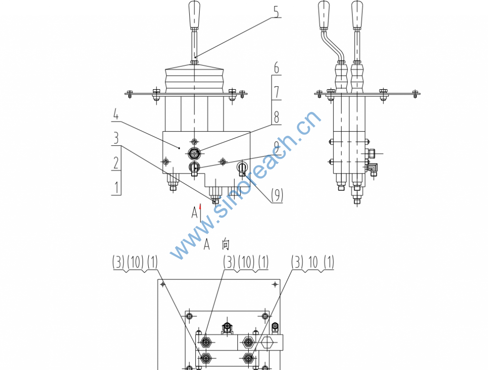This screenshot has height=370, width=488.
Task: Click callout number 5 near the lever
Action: (276, 11)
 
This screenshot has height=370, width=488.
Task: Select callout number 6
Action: (276, 68)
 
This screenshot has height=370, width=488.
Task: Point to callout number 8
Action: (276, 117)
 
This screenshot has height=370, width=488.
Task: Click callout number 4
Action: (116, 114)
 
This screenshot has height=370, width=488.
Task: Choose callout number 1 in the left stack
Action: (117, 187)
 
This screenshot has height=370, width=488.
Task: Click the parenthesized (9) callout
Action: (277, 195)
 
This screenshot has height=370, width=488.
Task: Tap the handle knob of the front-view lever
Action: (194, 14)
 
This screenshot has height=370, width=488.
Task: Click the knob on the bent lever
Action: (324, 14)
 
